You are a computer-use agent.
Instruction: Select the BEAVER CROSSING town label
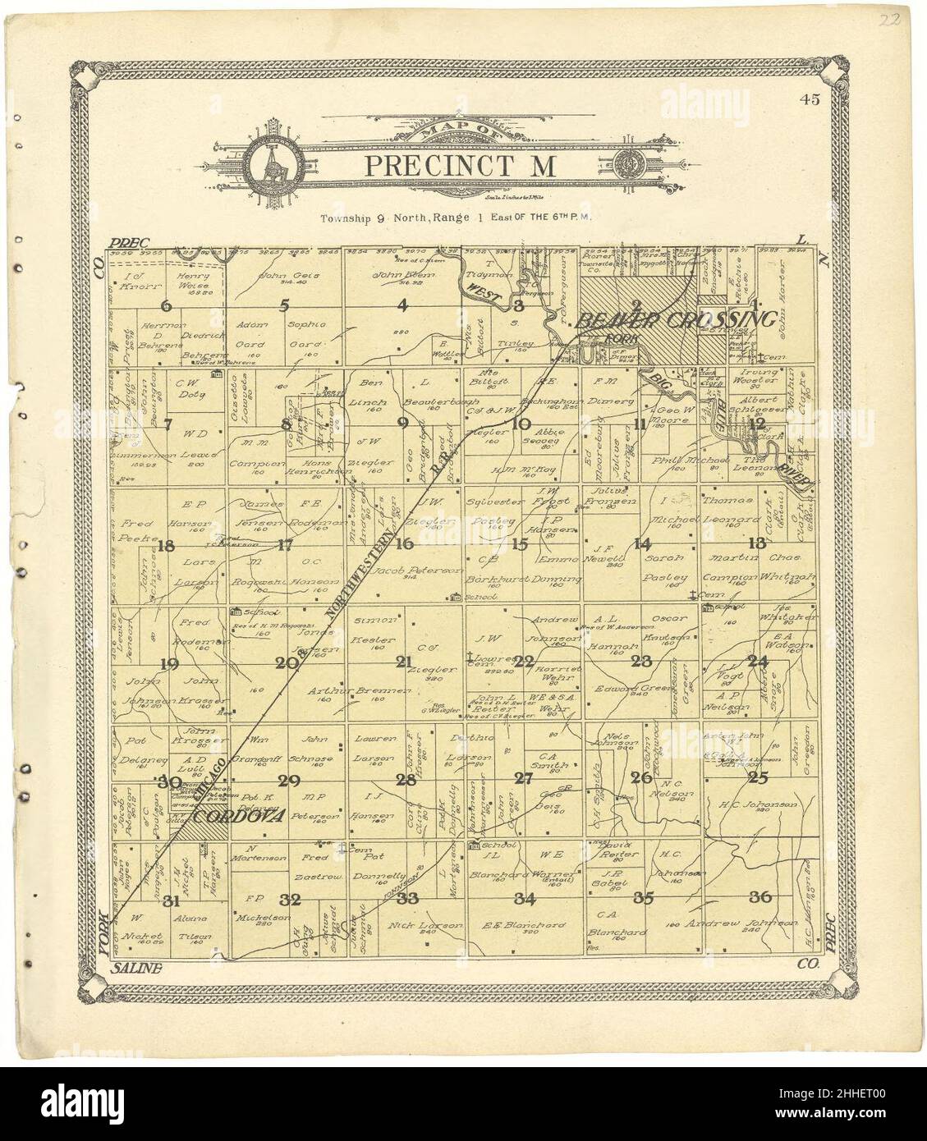point(675,321)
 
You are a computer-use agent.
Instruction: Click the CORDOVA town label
point(239,817)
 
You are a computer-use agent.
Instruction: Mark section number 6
point(168,306)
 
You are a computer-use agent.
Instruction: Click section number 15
point(520,543)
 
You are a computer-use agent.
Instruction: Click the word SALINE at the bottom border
point(135,969)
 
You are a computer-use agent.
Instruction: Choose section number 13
point(757,543)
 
